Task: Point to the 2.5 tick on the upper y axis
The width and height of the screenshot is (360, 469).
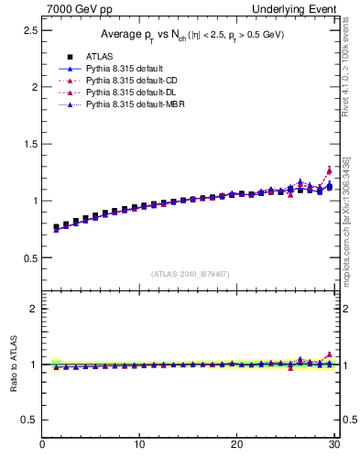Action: [29, 30]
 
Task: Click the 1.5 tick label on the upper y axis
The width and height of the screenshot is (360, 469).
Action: [29, 144]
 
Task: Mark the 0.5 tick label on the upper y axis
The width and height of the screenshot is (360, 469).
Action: [29, 257]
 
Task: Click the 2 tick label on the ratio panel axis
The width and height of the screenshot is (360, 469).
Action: [33, 309]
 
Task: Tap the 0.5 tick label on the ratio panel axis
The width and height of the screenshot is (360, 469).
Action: [29, 420]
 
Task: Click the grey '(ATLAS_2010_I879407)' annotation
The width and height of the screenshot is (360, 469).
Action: [191, 272]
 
